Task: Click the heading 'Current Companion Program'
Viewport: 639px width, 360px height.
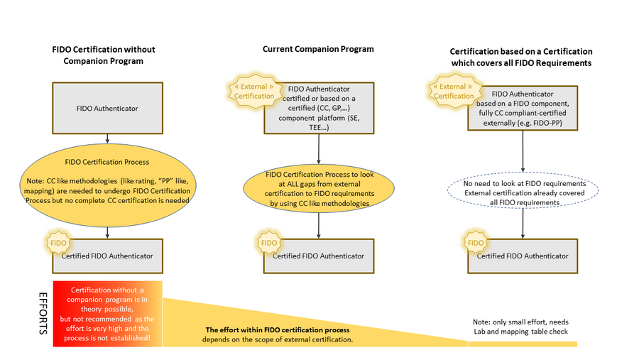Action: click(318, 49)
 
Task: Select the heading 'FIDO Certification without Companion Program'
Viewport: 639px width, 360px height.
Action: click(104, 55)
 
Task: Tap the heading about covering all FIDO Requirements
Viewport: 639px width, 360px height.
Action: click(522, 58)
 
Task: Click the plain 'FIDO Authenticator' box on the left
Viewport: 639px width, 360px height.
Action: click(106, 108)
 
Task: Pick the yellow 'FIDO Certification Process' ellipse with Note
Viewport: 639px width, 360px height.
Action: click(106, 182)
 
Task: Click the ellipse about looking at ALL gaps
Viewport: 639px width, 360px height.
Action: click(318, 188)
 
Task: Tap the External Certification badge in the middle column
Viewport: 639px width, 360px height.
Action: click(253, 92)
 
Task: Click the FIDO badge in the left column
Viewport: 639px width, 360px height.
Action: click(58, 243)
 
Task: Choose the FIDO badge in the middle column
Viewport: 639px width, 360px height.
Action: click(268, 243)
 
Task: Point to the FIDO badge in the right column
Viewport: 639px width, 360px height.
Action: click(474, 243)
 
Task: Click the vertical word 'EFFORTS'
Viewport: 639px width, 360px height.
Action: click(43, 312)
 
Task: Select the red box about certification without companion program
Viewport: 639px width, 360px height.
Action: click(107, 314)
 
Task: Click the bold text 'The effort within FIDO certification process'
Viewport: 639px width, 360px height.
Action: click(278, 330)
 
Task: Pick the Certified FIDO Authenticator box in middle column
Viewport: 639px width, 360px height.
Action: click(318, 256)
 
